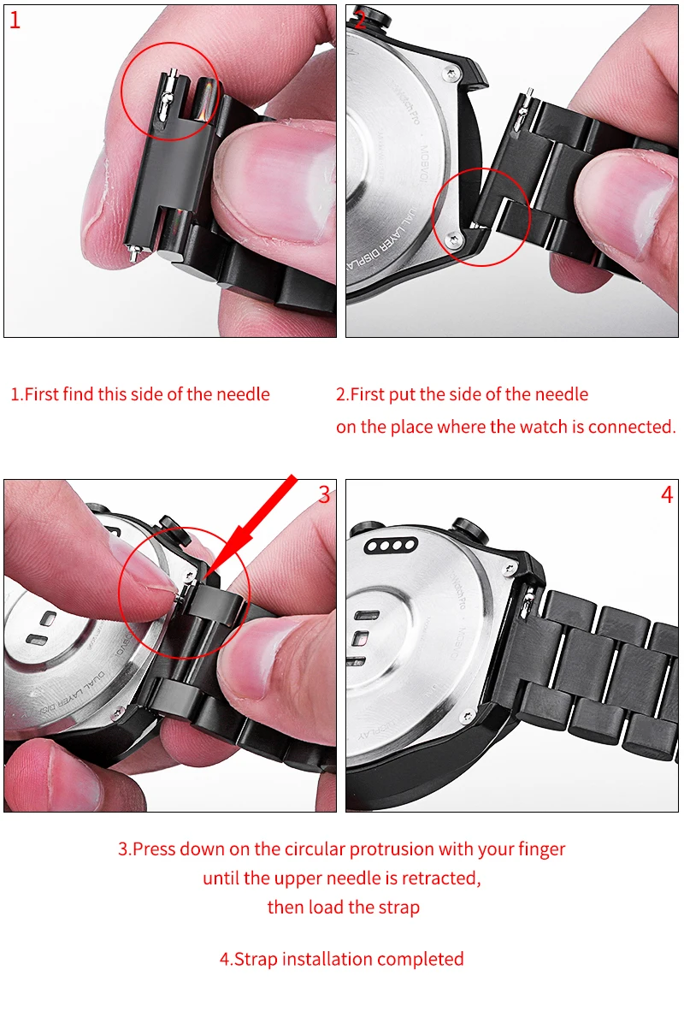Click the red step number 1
[15, 21]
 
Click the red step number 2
[360, 21]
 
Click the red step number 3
[324, 494]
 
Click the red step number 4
[667, 494]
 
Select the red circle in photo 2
[481, 216]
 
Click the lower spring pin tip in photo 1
[133, 251]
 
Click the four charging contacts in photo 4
[390, 547]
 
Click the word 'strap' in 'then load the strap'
[398, 907]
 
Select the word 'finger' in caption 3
[541, 849]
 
